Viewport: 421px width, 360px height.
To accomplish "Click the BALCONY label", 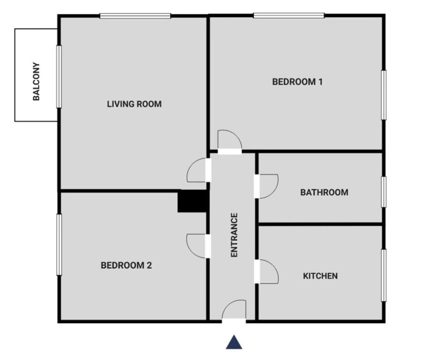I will [x=37, y=82].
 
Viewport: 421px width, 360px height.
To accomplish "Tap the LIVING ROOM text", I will [x=134, y=104].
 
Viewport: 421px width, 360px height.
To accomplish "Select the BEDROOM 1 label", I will [x=297, y=82].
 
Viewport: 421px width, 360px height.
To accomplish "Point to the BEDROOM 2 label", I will [x=126, y=265].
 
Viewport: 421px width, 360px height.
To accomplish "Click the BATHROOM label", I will [x=324, y=192].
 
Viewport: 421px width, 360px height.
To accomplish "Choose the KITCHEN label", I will [x=320, y=276].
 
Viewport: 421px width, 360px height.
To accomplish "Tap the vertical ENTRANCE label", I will [x=235, y=235].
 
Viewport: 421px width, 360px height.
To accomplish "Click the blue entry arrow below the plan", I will [x=234, y=342].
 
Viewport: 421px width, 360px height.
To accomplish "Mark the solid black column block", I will [x=192, y=201].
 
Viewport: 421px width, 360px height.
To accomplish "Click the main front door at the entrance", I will [x=234, y=311].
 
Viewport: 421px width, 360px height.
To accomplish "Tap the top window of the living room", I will [x=135, y=16].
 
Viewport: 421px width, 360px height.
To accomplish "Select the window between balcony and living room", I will [x=59, y=76].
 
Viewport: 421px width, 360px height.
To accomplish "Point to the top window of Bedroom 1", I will [x=289, y=15].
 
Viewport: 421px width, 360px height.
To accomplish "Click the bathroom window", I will [x=384, y=192].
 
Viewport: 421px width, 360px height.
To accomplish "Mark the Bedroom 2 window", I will [x=59, y=244].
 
